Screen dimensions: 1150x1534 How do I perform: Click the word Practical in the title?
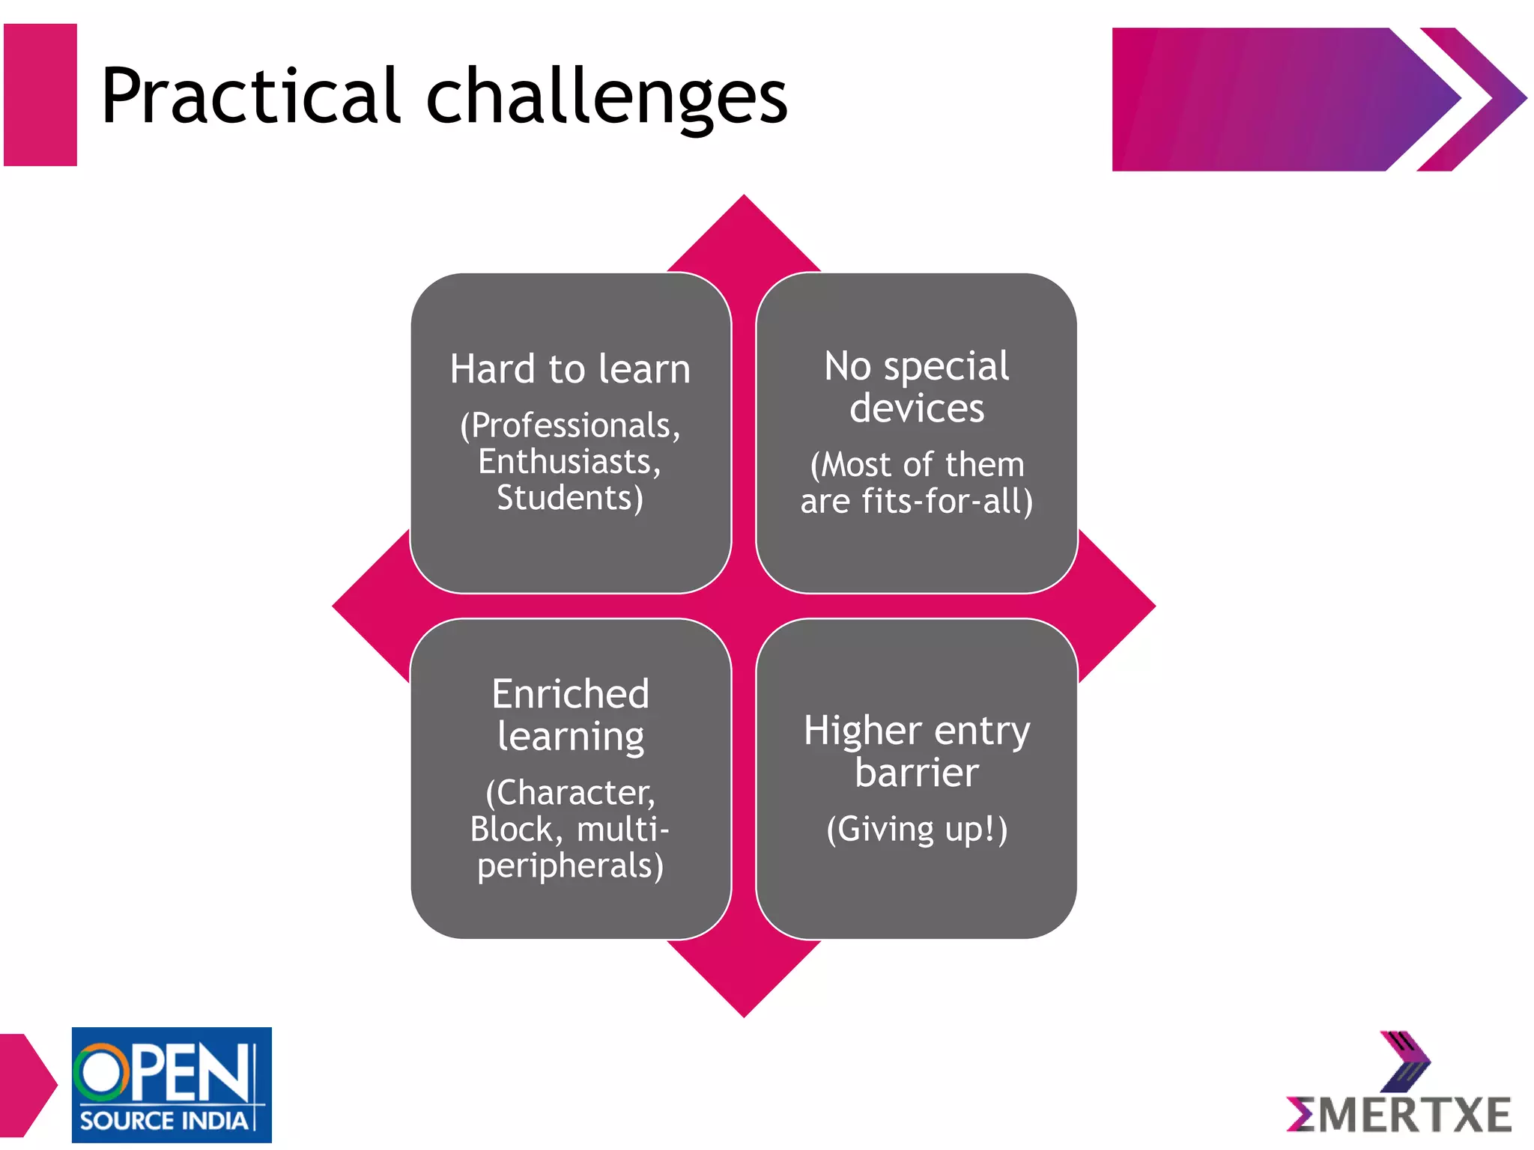(251, 97)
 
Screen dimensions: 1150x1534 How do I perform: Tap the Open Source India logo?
(172, 1084)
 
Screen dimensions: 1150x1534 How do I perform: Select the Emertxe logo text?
(1399, 1116)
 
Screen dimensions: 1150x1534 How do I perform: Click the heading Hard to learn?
(570, 369)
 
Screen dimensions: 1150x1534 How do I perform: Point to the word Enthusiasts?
(570, 461)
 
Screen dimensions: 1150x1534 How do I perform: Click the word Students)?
(570, 498)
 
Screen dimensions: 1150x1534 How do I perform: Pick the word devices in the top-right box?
(917, 409)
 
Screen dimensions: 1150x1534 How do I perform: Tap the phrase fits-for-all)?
(947, 501)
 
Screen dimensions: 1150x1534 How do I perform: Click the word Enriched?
(570, 694)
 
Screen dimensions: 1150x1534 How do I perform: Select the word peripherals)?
(570, 866)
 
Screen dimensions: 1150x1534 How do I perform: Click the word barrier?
(917, 773)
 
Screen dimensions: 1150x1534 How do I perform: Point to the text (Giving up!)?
(917, 830)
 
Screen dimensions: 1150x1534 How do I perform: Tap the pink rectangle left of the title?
(40, 95)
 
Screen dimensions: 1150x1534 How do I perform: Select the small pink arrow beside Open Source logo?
(26, 1084)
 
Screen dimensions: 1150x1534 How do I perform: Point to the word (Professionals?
(570, 425)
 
